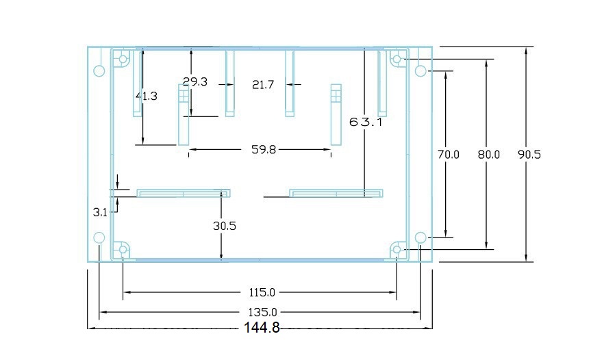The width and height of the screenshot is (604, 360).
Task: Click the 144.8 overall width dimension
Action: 262,328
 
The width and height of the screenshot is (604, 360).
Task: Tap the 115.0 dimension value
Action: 262,292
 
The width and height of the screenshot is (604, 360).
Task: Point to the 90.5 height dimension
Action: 529,155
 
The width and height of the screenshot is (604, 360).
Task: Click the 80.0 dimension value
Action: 489,155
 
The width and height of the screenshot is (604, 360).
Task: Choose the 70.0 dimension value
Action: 448,155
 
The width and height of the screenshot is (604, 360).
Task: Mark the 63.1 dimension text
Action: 366,123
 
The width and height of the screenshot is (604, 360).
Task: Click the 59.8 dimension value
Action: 263,149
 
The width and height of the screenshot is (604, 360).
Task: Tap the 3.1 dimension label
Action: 100,213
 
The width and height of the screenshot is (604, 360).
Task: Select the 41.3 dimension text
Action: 146,97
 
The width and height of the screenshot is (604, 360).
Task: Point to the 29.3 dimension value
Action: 194,82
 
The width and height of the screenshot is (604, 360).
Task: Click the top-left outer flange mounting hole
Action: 99,70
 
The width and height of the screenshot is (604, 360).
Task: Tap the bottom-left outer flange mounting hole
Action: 99,237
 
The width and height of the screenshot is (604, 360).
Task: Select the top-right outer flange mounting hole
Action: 420,70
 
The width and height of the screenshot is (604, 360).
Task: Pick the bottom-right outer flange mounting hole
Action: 420,237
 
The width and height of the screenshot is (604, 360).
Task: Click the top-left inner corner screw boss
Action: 123,59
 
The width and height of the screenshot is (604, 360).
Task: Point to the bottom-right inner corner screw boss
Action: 397,250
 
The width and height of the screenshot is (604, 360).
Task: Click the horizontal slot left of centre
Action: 184,194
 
